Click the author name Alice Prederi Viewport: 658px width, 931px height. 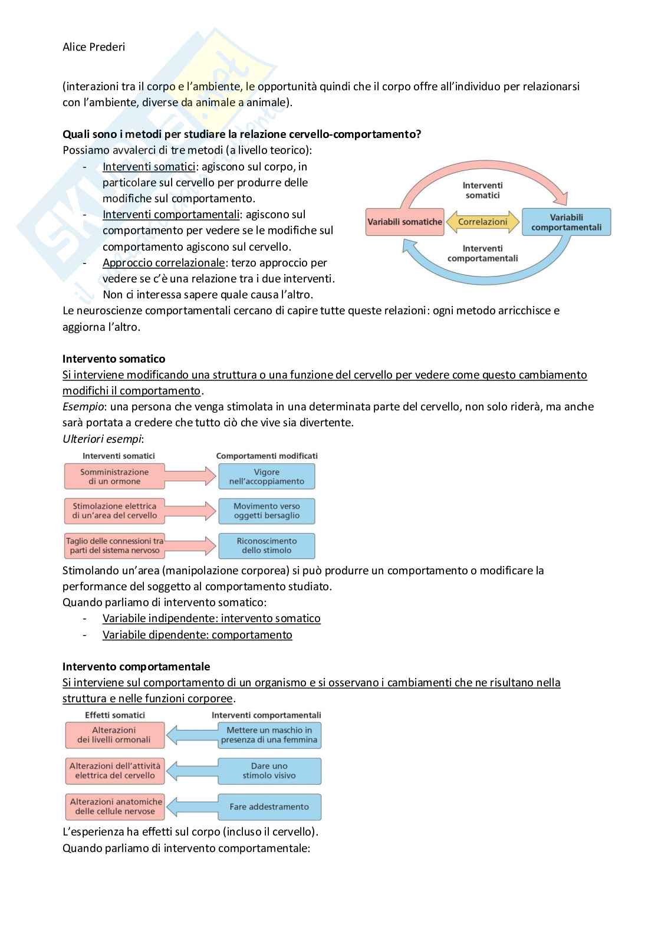(94, 47)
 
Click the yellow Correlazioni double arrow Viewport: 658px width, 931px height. (482, 222)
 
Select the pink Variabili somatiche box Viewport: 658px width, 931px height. (404, 222)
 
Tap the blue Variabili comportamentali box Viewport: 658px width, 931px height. (566, 222)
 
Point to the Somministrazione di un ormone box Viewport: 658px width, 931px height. (114, 476)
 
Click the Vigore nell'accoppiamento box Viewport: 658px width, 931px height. (267, 476)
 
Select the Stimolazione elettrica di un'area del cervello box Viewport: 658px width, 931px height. (114, 511)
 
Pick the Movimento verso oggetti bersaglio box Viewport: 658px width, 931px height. (267, 511)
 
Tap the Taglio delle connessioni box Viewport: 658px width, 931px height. (114, 545)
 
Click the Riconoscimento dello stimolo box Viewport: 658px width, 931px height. (267, 545)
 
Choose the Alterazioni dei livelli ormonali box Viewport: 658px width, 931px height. (114, 735)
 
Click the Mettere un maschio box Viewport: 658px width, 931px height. (269, 735)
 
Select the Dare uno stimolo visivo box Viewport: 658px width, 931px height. (269, 771)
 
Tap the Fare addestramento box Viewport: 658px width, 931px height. (269, 807)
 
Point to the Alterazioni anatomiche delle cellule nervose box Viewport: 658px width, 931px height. (115, 807)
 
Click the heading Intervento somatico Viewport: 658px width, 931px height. (114, 358)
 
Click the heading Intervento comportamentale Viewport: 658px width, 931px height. (136, 666)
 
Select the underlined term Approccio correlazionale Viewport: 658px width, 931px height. (163, 263)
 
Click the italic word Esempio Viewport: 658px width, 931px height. (83, 407)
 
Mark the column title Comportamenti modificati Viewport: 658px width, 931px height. (267, 456)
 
